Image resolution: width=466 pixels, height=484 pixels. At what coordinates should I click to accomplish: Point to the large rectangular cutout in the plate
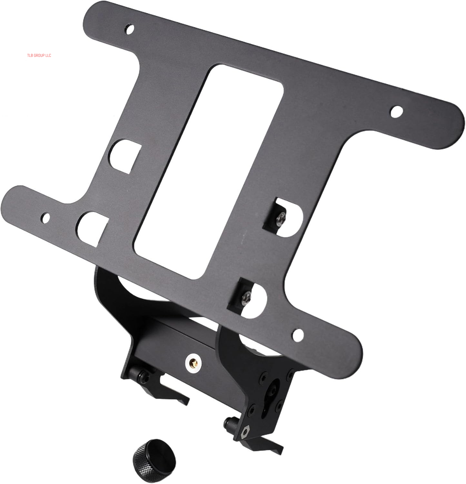pos(209,171)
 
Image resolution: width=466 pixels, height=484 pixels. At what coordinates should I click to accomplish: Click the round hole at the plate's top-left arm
pos(130,29)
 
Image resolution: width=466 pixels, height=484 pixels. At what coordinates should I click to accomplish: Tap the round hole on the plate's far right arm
pos(396,111)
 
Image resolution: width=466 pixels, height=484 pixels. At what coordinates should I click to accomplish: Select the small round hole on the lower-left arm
pos(45,218)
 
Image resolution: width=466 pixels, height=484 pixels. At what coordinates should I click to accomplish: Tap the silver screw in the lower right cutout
pos(247,296)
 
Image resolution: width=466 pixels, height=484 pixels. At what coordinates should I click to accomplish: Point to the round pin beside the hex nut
pos(230,422)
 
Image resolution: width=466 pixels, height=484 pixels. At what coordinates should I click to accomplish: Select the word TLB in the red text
pos(30,55)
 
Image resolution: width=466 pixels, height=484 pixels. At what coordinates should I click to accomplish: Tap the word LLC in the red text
pos(48,55)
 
